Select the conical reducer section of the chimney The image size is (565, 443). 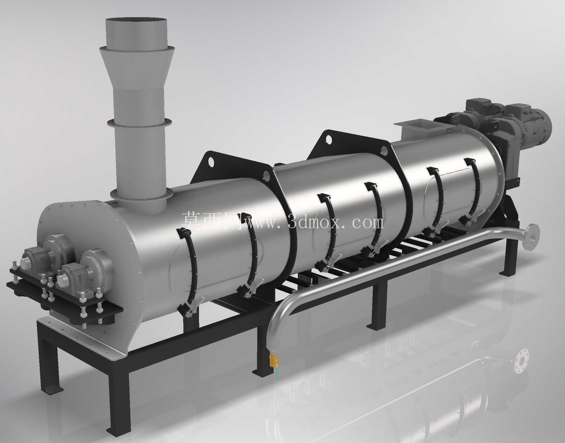(137, 69)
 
